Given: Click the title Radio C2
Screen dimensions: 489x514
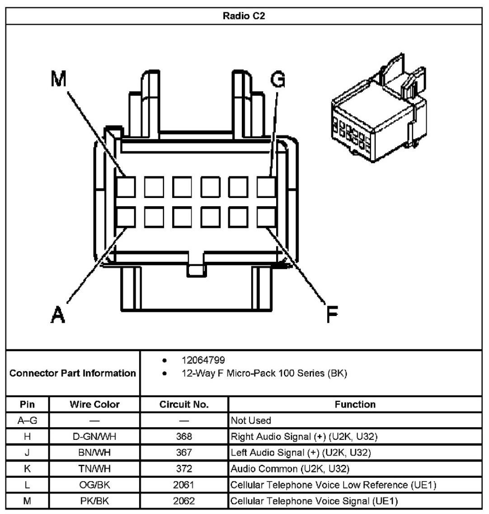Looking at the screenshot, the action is coord(244,16).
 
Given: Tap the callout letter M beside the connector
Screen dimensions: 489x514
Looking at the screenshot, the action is coord(59,79).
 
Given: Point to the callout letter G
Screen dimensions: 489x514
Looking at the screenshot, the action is coord(278,79).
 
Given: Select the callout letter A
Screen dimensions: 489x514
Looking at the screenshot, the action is coord(58,314).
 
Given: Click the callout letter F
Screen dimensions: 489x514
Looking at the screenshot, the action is coord(332,314).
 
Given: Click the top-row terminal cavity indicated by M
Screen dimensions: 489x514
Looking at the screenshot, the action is coord(126,187).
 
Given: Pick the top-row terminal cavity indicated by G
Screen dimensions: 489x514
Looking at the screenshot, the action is coord(267,187).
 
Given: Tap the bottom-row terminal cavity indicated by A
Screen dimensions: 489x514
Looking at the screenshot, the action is coord(126,217).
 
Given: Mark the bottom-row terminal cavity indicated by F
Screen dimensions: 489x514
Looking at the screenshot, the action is coord(267,217).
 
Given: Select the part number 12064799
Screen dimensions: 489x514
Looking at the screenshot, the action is coord(203,360).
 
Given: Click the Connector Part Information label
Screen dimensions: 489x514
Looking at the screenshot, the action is coord(72,373).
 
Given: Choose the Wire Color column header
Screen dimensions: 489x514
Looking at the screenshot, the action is coord(94,404).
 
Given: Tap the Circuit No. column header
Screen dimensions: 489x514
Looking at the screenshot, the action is coord(184,404).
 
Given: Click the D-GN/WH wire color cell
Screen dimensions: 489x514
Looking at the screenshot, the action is coord(94,436).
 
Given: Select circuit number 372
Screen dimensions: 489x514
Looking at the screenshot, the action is coord(184,468).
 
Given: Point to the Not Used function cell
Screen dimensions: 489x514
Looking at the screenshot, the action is coord(251,420).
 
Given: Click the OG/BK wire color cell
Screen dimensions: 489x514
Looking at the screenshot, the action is coord(94,485).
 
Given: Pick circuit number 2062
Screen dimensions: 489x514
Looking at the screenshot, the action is coord(184,500).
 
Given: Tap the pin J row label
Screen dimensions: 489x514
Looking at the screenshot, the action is coord(27,453).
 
